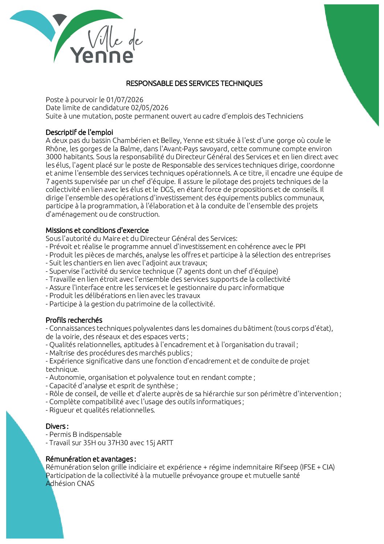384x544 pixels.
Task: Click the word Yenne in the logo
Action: [x=102, y=55]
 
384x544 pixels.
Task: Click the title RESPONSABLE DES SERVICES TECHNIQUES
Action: [x=194, y=84]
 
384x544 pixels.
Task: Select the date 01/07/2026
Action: [x=125, y=100]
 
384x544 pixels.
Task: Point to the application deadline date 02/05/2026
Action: [x=150, y=108]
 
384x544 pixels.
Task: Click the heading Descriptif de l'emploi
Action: [x=79, y=132]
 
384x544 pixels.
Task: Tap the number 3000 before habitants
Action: [x=54, y=157]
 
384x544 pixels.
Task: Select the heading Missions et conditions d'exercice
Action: [x=97, y=230]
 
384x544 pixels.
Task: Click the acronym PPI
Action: [x=300, y=247]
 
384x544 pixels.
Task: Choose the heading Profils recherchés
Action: [x=74, y=320]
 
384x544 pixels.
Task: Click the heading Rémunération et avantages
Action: [x=90, y=459]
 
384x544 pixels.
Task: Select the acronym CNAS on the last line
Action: [x=86, y=484]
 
